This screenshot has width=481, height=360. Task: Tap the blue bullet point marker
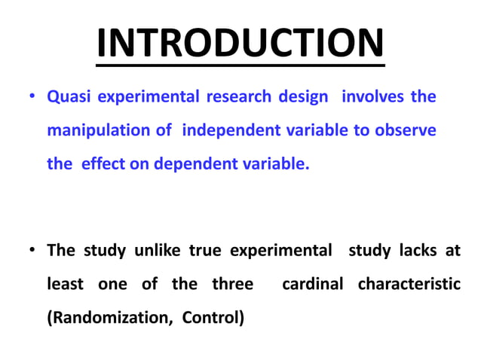click(32, 97)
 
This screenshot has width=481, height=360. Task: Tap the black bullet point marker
click(32, 251)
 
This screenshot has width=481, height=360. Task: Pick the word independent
click(231, 130)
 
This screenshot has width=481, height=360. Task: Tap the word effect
click(103, 163)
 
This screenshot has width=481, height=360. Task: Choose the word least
click(65, 285)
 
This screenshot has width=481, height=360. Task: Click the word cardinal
click(312, 285)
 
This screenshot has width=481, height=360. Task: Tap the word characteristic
click(409, 285)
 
